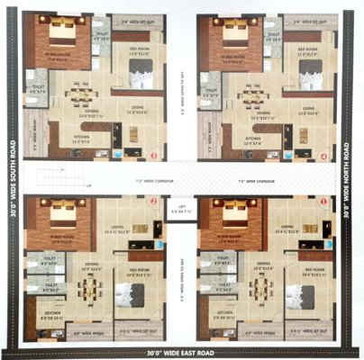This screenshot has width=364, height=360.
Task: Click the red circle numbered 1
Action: [326, 202]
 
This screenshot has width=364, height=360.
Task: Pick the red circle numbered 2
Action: [154, 202]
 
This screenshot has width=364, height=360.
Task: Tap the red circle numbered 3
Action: [154, 155]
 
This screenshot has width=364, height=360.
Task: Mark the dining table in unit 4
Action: [256, 94]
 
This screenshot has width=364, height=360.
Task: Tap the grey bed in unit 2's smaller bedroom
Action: [132, 296]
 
